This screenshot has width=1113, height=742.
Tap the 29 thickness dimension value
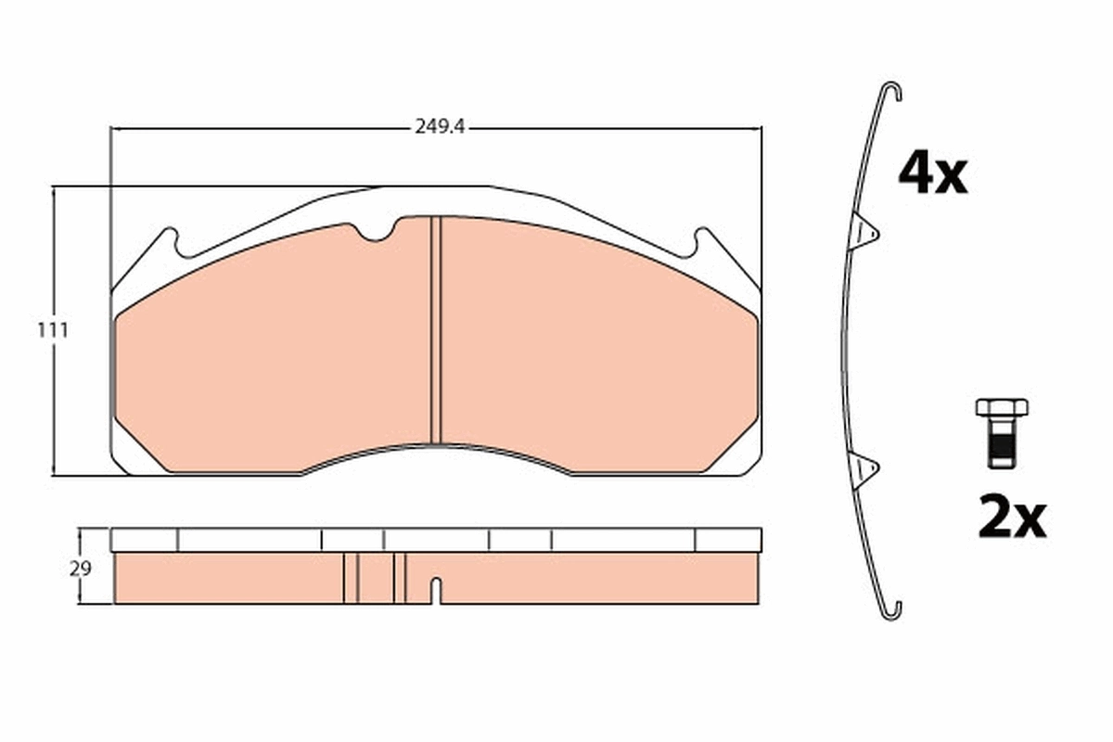coord(81,569)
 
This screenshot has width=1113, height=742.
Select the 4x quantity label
coord(932,174)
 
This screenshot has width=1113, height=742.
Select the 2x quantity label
coord(1011,519)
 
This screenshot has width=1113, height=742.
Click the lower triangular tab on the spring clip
coord(864,468)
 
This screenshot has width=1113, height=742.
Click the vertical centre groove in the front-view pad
coord(437,329)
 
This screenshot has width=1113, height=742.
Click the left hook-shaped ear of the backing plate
coord(170,242)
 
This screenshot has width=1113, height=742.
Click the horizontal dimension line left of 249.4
coord(260,128)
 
